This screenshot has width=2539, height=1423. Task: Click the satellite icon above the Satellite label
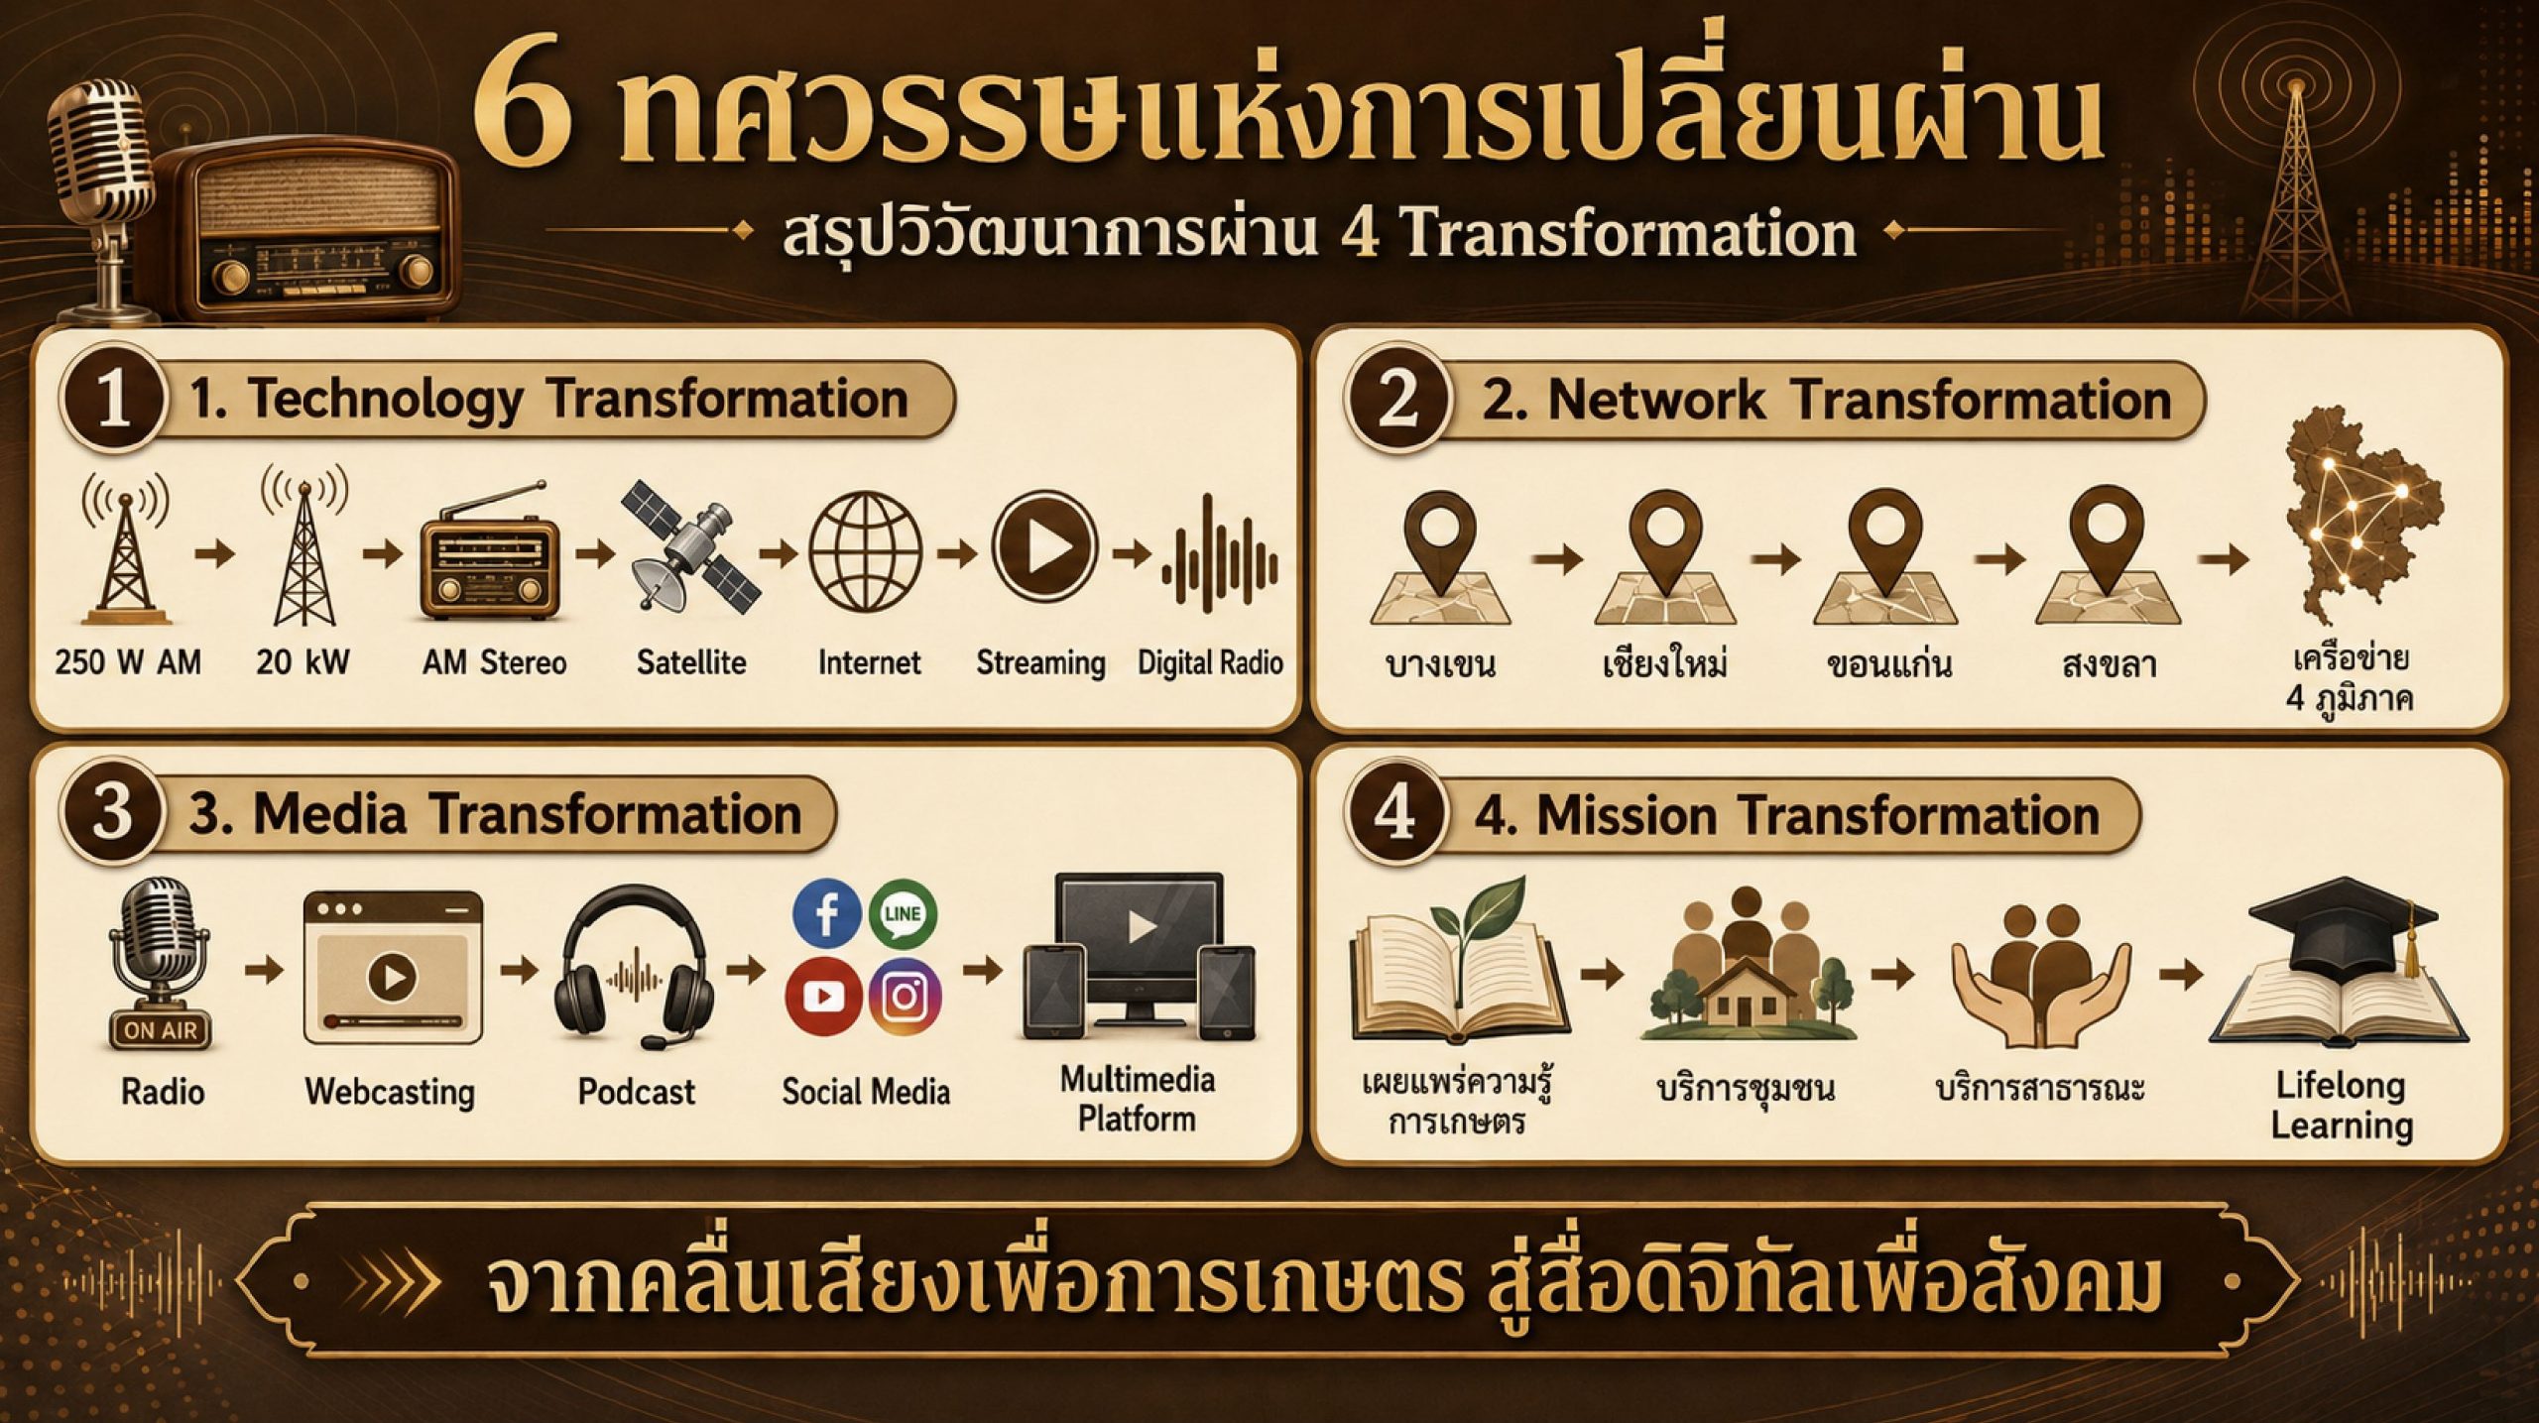click(x=691, y=546)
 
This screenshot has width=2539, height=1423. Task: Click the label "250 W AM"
click(x=128, y=662)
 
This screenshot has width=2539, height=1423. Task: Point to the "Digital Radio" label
click(x=1210, y=662)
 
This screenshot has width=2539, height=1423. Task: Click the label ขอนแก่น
click(x=1888, y=664)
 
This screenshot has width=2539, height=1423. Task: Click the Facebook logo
click(x=826, y=914)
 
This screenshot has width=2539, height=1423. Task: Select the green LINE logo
click(x=904, y=914)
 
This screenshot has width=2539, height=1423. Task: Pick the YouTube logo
click(x=823, y=995)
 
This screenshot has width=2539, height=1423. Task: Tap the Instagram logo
click(x=905, y=996)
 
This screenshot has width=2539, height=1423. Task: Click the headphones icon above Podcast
click(x=635, y=968)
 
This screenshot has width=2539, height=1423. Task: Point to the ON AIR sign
click(x=161, y=1030)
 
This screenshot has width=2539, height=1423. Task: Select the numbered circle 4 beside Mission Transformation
click(x=1395, y=815)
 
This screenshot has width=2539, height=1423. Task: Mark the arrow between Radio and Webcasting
click(x=263, y=971)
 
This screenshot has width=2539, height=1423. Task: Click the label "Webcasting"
click(x=390, y=1092)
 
